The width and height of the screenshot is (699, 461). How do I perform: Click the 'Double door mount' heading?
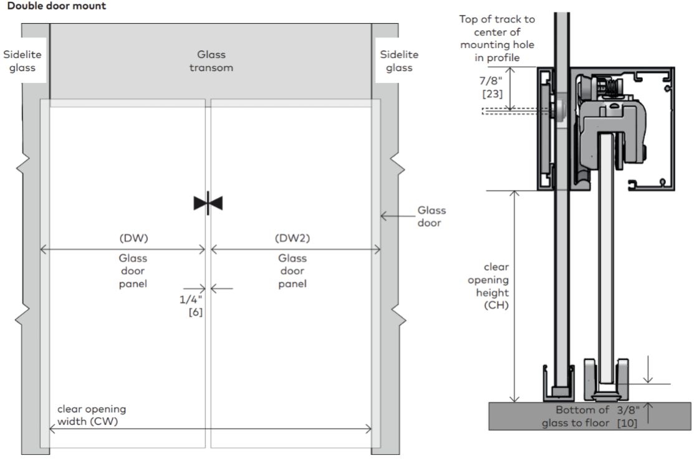coord(57,6)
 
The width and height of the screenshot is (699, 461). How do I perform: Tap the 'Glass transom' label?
coord(211,61)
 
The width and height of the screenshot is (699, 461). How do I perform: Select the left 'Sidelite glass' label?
coord(22,61)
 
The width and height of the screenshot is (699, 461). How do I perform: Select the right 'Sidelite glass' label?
coord(399,61)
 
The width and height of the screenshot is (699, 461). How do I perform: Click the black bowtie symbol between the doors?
coord(208,203)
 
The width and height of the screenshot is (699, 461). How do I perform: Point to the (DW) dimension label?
coord(133,238)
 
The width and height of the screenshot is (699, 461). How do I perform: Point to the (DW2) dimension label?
coord(292,238)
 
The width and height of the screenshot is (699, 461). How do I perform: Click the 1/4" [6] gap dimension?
coord(191,305)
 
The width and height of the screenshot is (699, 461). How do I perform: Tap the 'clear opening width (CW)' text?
coord(92,415)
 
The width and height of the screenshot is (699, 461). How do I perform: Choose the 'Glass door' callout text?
coord(431,216)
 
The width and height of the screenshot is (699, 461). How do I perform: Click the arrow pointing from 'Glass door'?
coord(398,216)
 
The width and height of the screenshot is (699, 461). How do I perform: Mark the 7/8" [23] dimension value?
coord(491,87)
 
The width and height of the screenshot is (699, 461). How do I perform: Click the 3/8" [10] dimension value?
coord(628,417)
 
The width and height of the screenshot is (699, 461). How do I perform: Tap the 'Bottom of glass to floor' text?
coord(576,417)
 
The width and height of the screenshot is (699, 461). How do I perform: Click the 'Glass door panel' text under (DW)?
coord(133,271)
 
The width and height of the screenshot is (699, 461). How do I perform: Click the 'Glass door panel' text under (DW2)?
coord(292,271)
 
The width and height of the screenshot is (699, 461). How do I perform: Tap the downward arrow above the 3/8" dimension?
coord(648,369)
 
